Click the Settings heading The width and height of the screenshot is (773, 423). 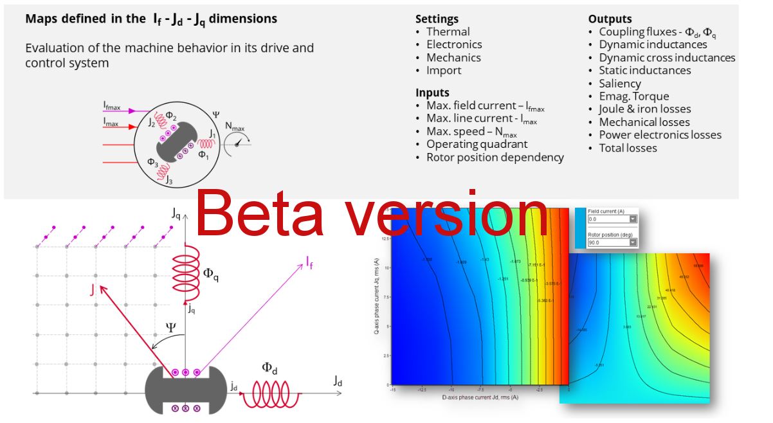(x=437, y=19)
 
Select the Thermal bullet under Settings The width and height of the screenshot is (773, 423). (x=448, y=32)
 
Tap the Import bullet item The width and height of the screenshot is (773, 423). (x=444, y=70)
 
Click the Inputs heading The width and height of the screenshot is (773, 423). (x=432, y=93)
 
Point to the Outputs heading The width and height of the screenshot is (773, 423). (x=610, y=19)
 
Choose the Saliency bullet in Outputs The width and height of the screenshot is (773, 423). (x=620, y=83)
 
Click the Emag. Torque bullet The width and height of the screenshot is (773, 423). (x=634, y=96)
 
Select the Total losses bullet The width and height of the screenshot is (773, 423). (x=628, y=148)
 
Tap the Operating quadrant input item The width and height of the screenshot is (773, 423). (x=477, y=144)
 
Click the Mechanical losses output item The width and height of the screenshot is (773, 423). (x=644, y=122)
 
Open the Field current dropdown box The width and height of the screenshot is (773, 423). (x=610, y=219)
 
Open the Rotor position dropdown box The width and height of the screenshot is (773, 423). (x=610, y=242)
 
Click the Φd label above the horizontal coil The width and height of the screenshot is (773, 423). (x=269, y=368)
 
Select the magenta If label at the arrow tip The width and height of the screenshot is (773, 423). (x=310, y=261)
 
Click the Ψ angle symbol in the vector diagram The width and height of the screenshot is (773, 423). (x=170, y=327)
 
